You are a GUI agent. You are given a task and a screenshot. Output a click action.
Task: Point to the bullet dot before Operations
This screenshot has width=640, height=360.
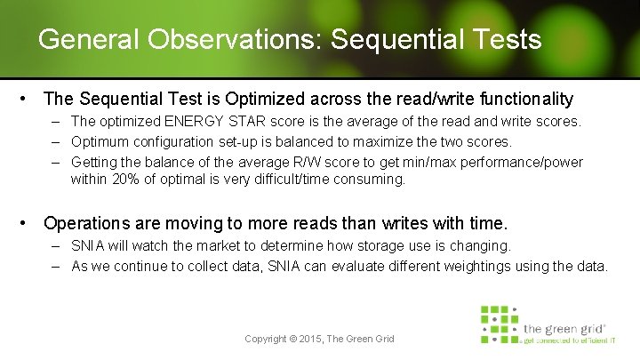[x=29, y=222]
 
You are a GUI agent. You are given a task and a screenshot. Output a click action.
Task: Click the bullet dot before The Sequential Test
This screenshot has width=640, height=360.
[x=29, y=99]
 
